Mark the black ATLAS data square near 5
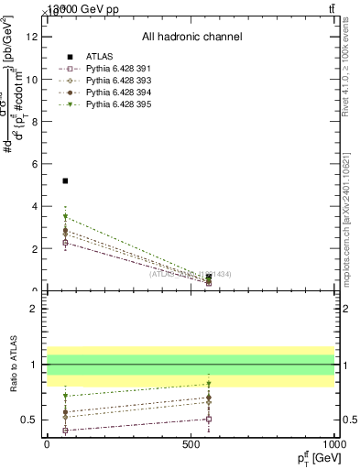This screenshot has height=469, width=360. coord(65,181)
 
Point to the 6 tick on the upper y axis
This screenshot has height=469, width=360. coord(37,164)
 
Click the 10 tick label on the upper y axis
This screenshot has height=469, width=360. coord(33,79)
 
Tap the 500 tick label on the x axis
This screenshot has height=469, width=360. coord(191,444)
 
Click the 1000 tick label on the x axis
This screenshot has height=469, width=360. coord(335,444)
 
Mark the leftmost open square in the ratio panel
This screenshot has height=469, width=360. coord(65,430)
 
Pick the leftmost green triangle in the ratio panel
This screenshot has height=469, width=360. coord(65,396)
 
